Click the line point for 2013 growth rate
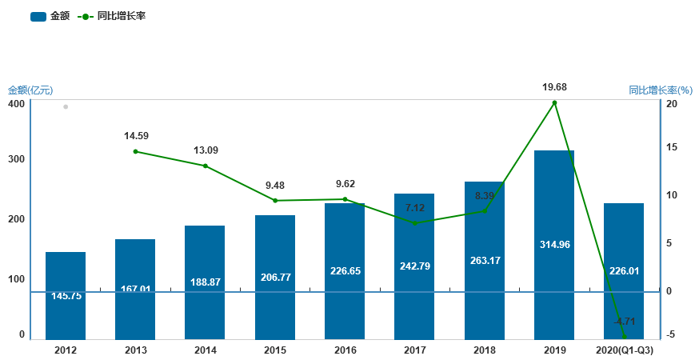(x=135, y=151)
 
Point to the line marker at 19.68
(x=554, y=102)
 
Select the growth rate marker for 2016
(x=345, y=199)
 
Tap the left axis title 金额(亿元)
(x=30, y=90)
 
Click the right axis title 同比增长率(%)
(x=660, y=90)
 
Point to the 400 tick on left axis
(x=16, y=104)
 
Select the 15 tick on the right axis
(x=672, y=147)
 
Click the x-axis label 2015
(x=275, y=350)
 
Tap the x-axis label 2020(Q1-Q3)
(x=625, y=350)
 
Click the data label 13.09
(x=206, y=150)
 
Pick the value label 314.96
(x=554, y=245)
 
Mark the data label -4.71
(x=619, y=322)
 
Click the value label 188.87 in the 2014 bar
(x=206, y=282)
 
